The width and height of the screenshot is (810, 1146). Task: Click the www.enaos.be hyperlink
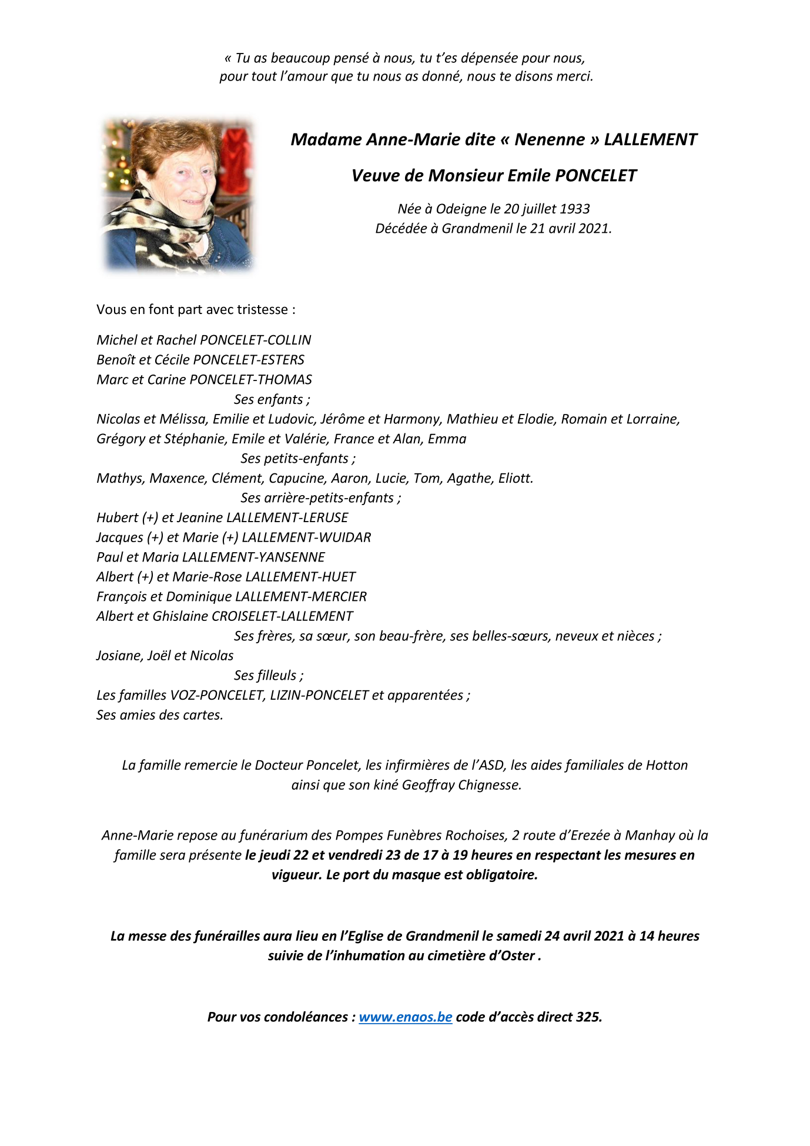(x=405, y=1017)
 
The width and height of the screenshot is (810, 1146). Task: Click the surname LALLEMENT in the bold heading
(x=650, y=139)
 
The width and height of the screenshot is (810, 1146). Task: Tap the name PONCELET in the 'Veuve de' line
(x=595, y=175)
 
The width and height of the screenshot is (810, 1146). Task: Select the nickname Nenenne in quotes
(x=550, y=139)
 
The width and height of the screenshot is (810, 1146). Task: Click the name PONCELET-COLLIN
(x=256, y=340)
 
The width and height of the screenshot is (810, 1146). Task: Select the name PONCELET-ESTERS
(x=249, y=360)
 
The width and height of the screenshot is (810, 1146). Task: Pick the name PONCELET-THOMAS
(x=251, y=379)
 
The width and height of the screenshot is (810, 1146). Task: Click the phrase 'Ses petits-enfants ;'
(x=297, y=458)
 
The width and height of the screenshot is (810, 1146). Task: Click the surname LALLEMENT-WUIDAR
(x=306, y=537)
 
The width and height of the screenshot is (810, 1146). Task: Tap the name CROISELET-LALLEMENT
(x=282, y=616)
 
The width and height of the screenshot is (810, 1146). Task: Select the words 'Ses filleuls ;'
(x=269, y=675)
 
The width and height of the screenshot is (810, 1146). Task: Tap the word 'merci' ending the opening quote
(x=577, y=76)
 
